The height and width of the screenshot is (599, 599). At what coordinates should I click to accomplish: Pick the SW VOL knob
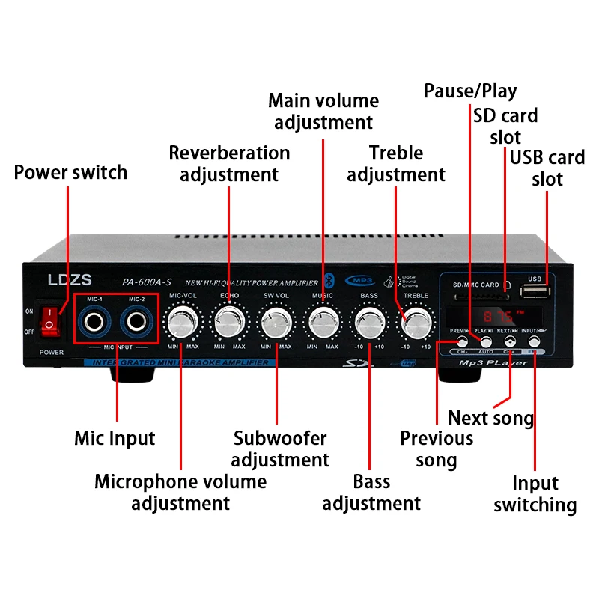pyautogui.click(x=276, y=323)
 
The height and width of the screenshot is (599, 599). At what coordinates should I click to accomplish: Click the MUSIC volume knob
pyautogui.click(x=323, y=323)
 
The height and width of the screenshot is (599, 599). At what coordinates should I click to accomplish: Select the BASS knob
pyautogui.click(x=368, y=323)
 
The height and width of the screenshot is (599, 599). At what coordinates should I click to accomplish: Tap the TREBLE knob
pyautogui.click(x=416, y=323)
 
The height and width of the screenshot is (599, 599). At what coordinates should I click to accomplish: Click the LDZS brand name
pyautogui.click(x=69, y=281)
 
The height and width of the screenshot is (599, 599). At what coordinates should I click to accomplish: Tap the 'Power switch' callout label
pyautogui.click(x=71, y=172)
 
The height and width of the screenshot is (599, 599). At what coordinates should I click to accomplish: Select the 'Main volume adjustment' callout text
pyautogui.click(x=323, y=111)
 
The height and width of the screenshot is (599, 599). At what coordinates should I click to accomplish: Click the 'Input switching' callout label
pyautogui.click(x=535, y=494)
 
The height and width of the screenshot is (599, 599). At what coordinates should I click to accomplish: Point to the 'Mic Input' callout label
pyautogui.click(x=115, y=437)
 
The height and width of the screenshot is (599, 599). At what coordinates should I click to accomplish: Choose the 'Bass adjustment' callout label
pyautogui.click(x=371, y=492)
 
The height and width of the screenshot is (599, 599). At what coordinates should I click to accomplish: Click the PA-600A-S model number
pyautogui.click(x=147, y=282)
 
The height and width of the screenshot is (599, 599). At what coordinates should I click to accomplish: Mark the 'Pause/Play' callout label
pyautogui.click(x=470, y=91)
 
